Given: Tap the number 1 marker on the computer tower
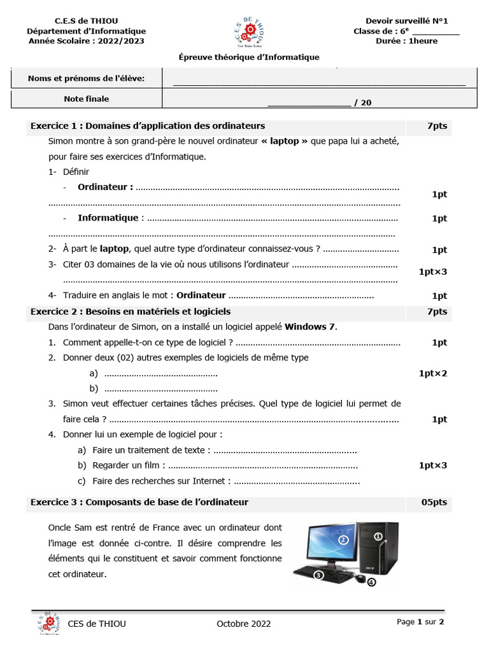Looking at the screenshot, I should [x=378, y=537].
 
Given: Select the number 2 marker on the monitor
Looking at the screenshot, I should [x=343, y=540].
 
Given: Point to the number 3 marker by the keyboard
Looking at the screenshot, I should [x=319, y=575].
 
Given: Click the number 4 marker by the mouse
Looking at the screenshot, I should [x=371, y=582].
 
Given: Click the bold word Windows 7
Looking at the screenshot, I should [x=309, y=327].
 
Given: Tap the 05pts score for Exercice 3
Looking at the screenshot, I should [x=434, y=502].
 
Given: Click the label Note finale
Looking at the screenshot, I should [x=87, y=99].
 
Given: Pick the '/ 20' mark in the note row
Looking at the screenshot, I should [x=362, y=104].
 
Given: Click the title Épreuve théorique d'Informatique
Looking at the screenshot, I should [x=249, y=57].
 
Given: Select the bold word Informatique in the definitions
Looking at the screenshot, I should [x=108, y=218].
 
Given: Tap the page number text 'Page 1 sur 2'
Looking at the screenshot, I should [x=420, y=622].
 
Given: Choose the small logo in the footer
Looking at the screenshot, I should [x=50, y=624].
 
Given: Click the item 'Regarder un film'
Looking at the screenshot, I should [x=129, y=465].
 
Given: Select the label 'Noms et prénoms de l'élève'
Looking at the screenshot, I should [x=87, y=78].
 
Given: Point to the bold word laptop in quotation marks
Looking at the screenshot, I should [x=284, y=141].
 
